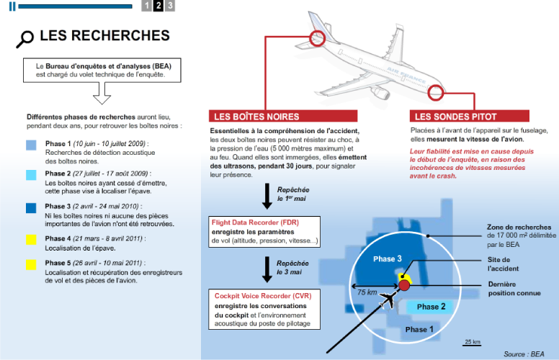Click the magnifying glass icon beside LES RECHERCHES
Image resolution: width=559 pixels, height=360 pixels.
[x=25, y=39]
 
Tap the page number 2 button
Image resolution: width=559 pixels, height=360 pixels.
[x=158, y=5]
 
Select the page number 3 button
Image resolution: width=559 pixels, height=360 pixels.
[x=170, y=5]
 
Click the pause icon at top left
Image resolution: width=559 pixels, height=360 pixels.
[x=12, y=6]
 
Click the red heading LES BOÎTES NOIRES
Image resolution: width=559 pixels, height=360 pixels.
[x=256, y=117]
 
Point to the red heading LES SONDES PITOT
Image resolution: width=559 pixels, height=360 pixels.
[x=455, y=117]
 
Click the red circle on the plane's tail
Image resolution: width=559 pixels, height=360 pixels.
[x=317, y=38]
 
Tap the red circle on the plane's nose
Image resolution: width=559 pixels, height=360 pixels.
[x=435, y=93]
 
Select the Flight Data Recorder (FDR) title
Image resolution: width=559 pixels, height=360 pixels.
[x=255, y=222]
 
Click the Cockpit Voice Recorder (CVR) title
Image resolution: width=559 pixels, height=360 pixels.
[x=263, y=296]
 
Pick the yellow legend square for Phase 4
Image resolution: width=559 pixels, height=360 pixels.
[x=31, y=240]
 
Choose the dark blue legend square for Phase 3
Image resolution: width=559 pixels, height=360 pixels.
[x=31, y=208]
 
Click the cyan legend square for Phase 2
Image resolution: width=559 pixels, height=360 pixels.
[x=31, y=175]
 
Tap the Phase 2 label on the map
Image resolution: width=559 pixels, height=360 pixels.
[x=431, y=307]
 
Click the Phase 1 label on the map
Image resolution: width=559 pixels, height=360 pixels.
[x=419, y=329]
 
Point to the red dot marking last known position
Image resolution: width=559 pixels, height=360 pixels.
[x=404, y=285]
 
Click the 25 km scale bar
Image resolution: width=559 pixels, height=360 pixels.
[x=472, y=345]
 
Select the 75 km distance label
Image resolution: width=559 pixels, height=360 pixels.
[x=367, y=292]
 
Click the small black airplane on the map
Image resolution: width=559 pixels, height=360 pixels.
[x=388, y=300]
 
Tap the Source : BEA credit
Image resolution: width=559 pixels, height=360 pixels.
[x=524, y=354]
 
